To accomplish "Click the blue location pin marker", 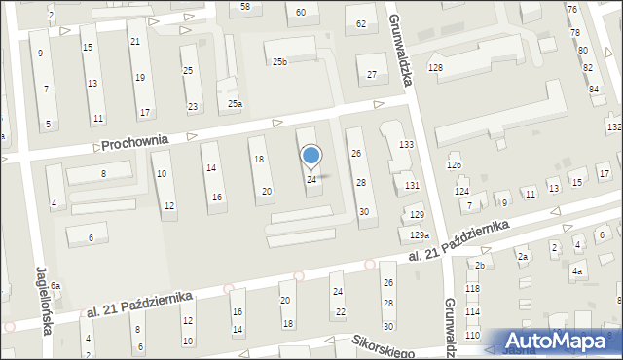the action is (311, 156).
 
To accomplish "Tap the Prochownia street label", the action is (134, 141).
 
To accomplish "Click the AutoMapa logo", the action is (558, 342).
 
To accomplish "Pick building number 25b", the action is (279, 62).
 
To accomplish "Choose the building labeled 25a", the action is (235, 104).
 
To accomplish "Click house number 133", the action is (406, 144).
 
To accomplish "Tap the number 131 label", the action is (412, 185).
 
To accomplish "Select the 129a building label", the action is (419, 235).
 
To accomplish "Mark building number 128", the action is (435, 67).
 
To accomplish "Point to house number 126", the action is (454, 165).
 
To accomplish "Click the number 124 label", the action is (461, 191).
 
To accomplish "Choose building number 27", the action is (372, 75).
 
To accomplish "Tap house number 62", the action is (361, 23).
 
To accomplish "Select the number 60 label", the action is (301, 12).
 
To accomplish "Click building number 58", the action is (245, 7).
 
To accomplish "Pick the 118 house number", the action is (472, 289).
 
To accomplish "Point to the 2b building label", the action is (479, 265).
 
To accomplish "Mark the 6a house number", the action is (56, 285).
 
